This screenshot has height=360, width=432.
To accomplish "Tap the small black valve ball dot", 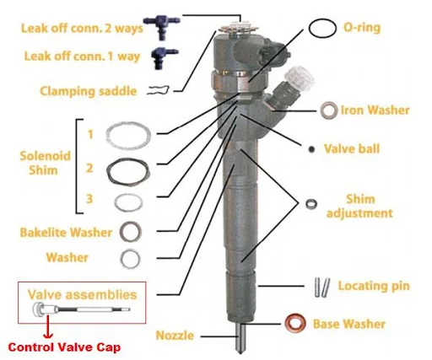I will tap(312, 149).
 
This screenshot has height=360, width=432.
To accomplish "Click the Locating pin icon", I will tap(320, 286).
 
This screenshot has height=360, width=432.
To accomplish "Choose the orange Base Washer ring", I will tap(297, 323).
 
